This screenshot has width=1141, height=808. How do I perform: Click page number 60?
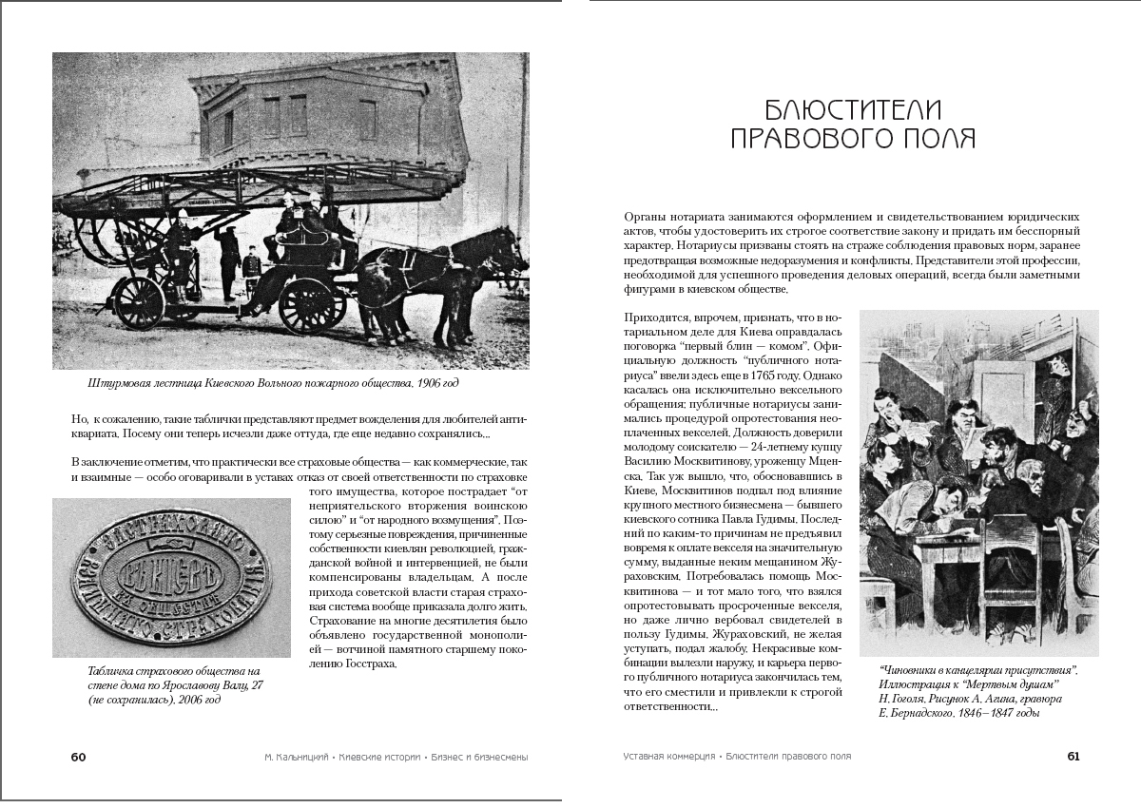coord(78,757)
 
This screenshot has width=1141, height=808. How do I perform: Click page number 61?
coord(1073,757)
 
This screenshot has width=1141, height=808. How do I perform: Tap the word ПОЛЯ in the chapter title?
coord(938,139)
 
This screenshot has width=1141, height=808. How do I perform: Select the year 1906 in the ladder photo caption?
coord(415,383)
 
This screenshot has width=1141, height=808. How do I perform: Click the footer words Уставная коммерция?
coord(669,757)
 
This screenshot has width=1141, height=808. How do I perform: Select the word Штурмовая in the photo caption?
coord(112,383)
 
